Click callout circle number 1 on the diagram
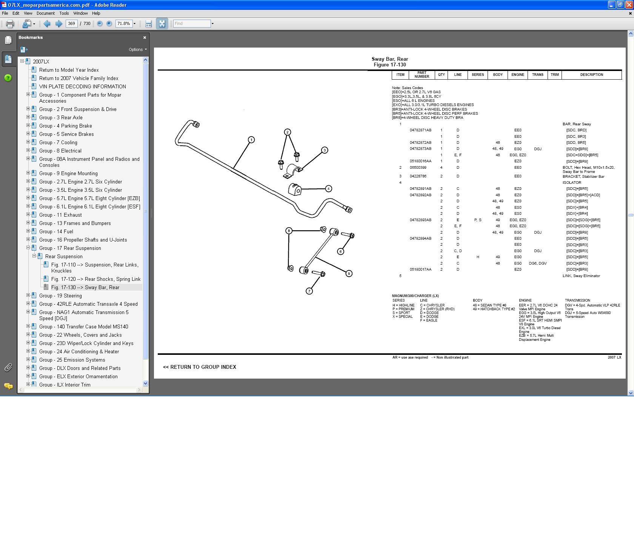(251, 140)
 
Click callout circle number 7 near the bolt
(309, 291)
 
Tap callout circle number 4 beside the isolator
(328, 189)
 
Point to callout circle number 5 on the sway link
(349, 273)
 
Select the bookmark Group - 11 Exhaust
(60, 215)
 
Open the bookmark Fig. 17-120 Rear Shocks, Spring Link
(96, 279)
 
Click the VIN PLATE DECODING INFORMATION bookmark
(83, 86)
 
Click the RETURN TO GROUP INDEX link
(200, 367)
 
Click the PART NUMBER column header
(422, 75)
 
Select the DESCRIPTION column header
(591, 75)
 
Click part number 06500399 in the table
(418, 168)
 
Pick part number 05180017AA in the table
(420, 270)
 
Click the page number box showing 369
(71, 23)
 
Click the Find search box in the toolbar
(192, 23)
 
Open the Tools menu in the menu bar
(64, 13)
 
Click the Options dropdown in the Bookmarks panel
(137, 49)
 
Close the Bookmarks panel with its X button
(145, 37)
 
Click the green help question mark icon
(8, 78)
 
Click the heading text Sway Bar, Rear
(389, 59)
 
